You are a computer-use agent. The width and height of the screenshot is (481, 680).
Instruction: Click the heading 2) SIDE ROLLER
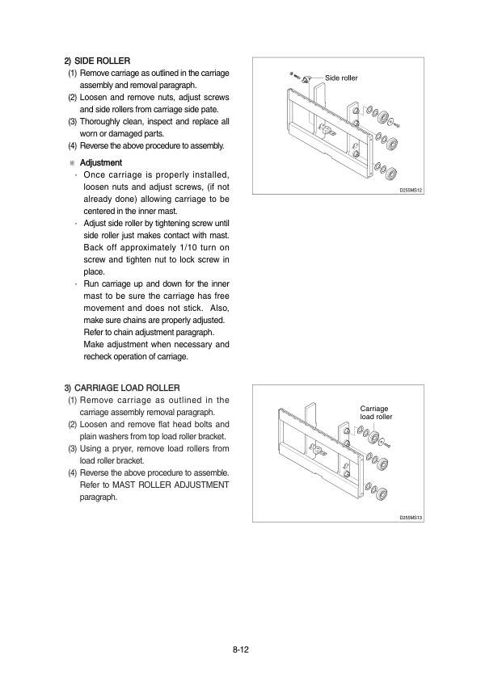point(97,61)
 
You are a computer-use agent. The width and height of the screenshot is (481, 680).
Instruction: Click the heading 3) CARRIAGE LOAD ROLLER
point(122,388)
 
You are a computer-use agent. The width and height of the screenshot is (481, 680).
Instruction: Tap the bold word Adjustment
point(101,162)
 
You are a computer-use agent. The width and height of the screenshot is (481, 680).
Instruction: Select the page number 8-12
point(241,649)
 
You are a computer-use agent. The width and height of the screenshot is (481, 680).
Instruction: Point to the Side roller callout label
point(341,78)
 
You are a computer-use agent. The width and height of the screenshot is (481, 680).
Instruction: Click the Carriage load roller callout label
point(376,413)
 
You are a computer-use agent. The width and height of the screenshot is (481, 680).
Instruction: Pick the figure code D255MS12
point(411,190)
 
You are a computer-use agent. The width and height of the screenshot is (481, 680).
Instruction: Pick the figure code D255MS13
point(411,518)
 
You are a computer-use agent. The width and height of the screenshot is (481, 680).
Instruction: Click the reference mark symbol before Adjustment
point(73,163)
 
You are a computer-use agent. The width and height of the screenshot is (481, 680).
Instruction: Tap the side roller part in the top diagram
point(306,79)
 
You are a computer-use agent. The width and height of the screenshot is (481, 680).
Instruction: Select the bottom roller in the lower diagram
point(382,493)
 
